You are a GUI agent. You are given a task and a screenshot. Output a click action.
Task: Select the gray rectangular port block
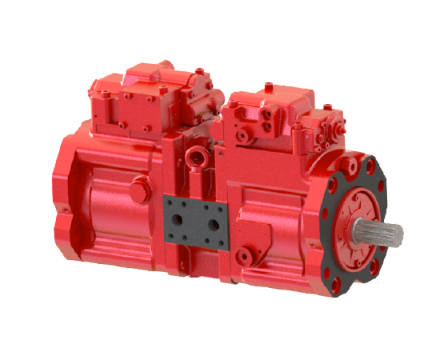[191, 219]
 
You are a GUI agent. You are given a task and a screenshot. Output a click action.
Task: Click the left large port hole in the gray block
[179, 218]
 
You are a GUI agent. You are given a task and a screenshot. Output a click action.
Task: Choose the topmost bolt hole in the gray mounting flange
[360, 165]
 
